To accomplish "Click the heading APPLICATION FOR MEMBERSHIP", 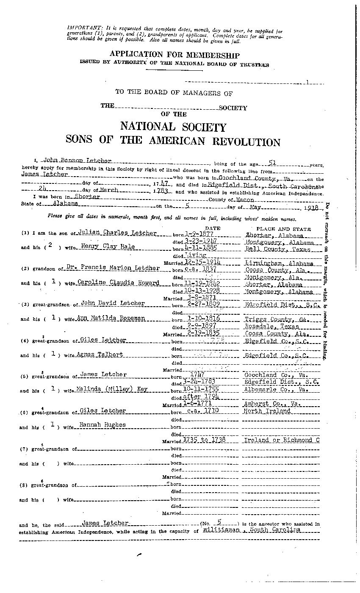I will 174,55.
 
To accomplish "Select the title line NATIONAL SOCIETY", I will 173,127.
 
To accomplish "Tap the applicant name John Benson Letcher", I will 76,161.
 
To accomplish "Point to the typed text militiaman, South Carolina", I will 252,530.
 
